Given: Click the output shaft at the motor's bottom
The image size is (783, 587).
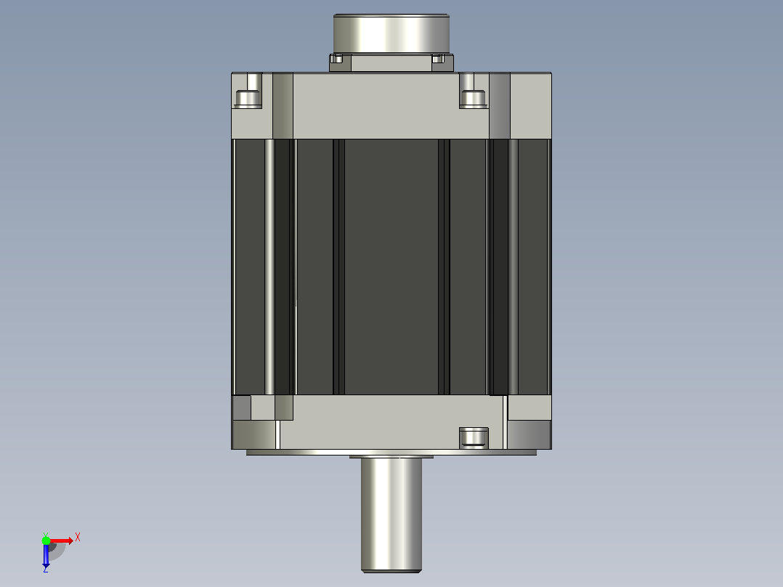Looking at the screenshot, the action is (x=391, y=514).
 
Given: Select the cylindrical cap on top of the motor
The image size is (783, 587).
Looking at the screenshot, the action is (x=391, y=34).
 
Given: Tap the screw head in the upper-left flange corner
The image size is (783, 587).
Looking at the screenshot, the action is (x=248, y=99).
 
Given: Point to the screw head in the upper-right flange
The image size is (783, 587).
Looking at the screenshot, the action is (x=472, y=99).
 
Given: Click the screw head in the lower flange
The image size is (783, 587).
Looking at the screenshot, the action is (x=474, y=437).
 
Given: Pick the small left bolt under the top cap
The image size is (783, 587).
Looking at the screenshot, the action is (x=337, y=59).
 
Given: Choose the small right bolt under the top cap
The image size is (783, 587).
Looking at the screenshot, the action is (x=438, y=59).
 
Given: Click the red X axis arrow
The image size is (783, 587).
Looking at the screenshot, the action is (x=61, y=541).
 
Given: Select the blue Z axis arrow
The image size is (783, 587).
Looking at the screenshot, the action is (x=46, y=554).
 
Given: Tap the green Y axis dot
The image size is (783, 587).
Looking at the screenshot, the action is (x=46, y=540).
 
